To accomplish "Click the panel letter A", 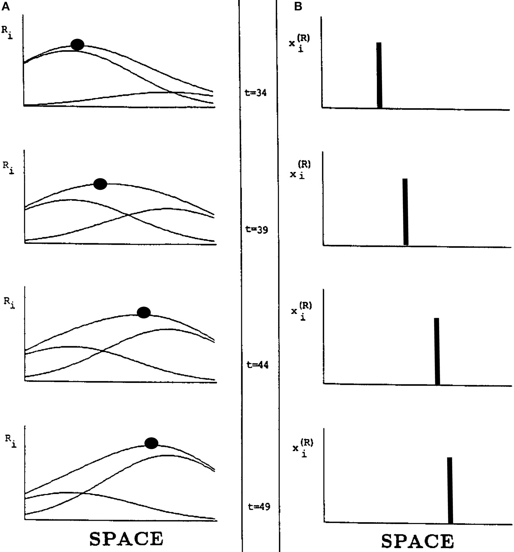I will [5, 6].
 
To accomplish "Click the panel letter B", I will [299, 6].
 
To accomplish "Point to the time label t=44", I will [257, 365].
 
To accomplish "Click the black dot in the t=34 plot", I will [77, 44].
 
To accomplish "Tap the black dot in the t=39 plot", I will [100, 184].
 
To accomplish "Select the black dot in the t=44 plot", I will [144, 312].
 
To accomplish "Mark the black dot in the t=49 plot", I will [151, 443].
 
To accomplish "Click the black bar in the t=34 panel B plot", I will [379, 75].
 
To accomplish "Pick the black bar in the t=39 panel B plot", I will [406, 212].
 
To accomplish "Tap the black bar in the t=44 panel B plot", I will [437, 351].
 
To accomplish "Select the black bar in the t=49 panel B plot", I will [450, 490].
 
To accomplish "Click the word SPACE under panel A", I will [126, 539].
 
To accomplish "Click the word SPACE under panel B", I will [418, 541].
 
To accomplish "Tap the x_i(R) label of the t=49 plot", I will [303, 447].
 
